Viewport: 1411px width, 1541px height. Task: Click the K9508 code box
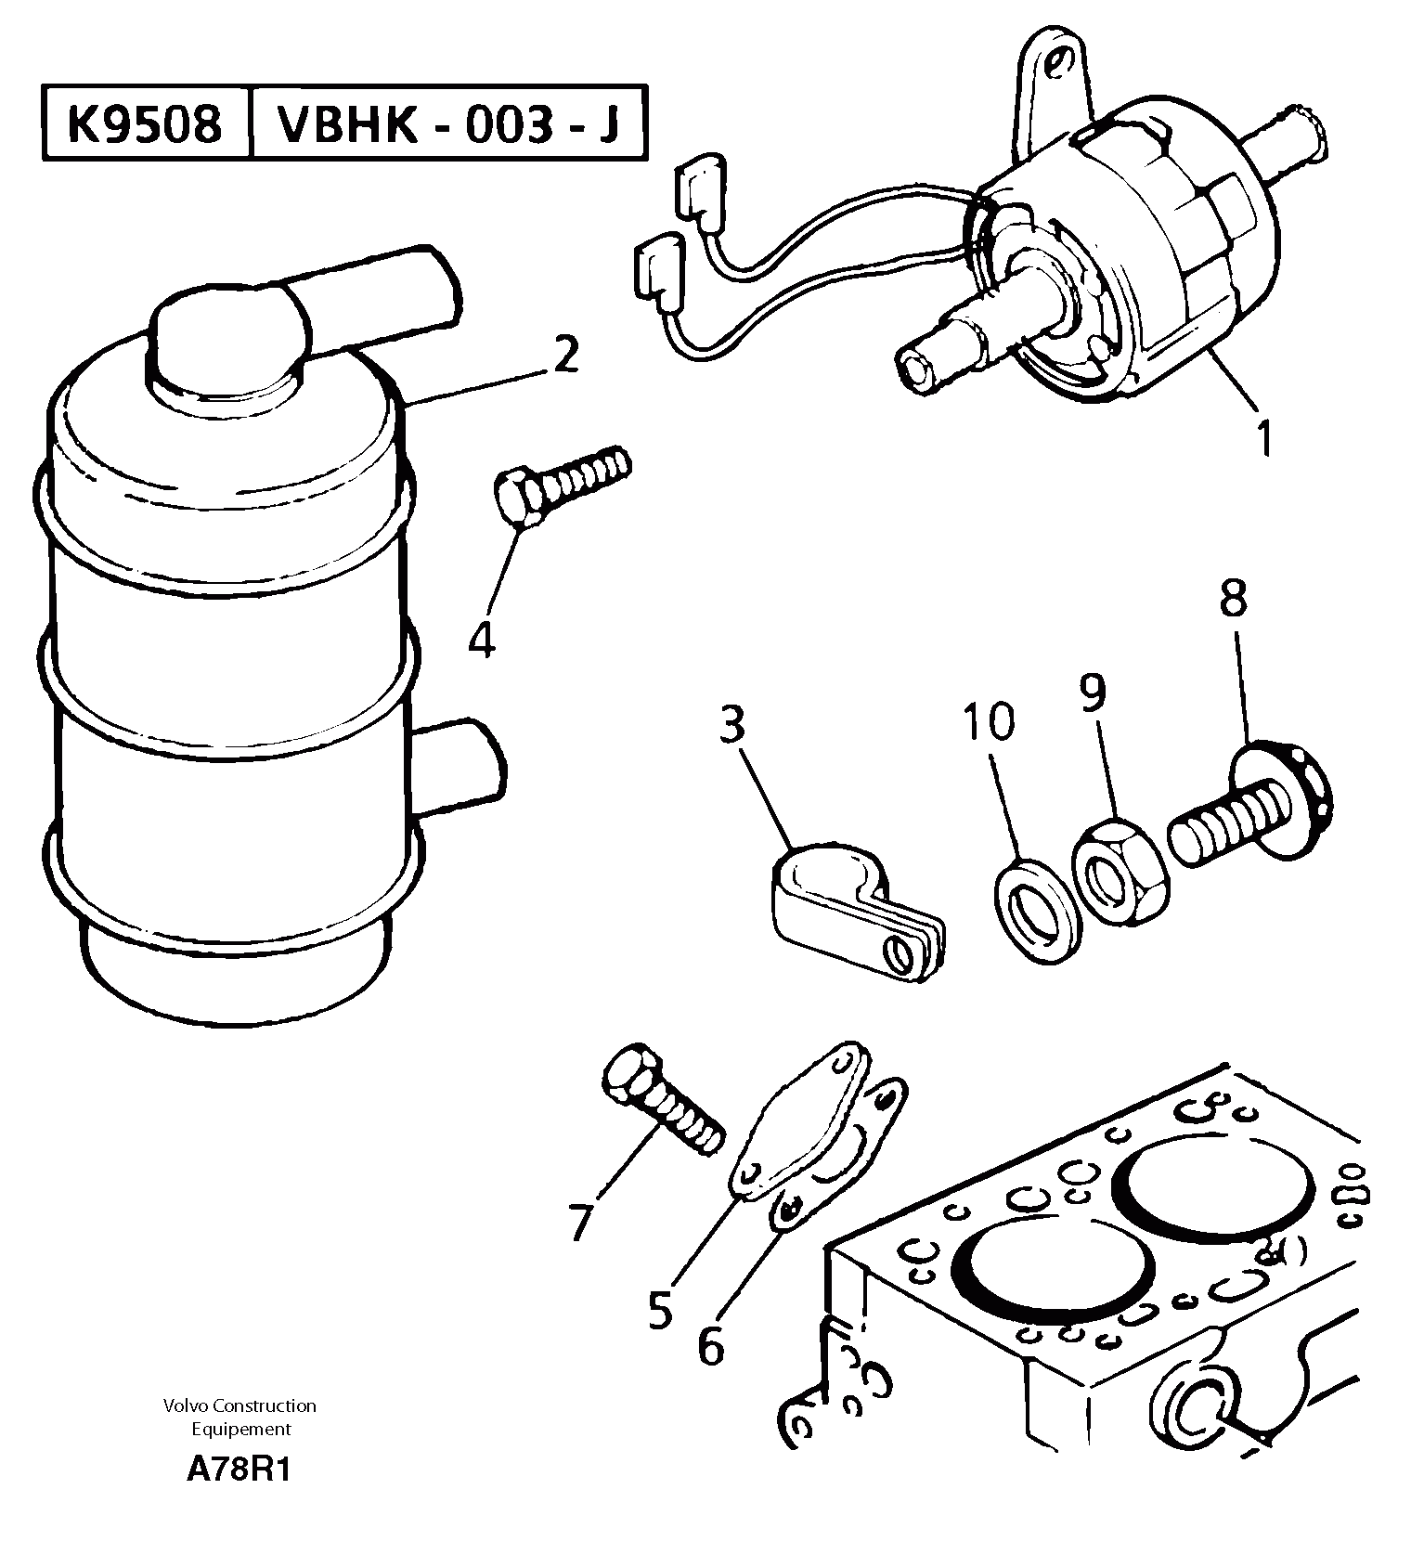(146, 123)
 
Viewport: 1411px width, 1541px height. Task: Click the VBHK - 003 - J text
(448, 123)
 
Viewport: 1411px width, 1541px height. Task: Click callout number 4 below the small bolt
(482, 640)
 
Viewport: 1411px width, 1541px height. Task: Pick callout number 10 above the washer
(989, 721)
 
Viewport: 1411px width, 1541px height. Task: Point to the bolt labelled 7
(661, 1101)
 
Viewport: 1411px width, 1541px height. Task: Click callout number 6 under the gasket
(711, 1345)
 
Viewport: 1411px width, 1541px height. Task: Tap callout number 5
(660, 1310)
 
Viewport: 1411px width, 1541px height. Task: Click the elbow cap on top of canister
(227, 343)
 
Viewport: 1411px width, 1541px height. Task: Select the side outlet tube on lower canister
(460, 766)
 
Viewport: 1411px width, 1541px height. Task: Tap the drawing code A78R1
(239, 1470)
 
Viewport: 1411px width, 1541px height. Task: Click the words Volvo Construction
(239, 1405)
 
